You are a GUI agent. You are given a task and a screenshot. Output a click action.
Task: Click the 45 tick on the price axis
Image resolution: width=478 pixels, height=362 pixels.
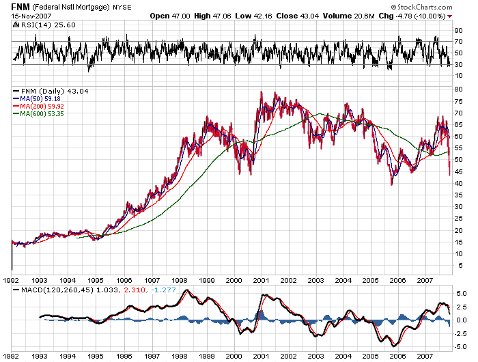[460, 171]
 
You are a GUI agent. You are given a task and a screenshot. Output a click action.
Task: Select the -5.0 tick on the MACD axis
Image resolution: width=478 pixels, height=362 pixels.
[461, 346]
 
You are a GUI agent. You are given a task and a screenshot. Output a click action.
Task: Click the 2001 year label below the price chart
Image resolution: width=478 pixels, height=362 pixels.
[261, 280]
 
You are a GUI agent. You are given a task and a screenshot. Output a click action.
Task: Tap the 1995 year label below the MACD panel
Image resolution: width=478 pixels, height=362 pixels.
[94, 356]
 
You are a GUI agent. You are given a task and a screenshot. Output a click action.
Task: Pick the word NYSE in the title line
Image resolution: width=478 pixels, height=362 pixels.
[122, 6]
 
